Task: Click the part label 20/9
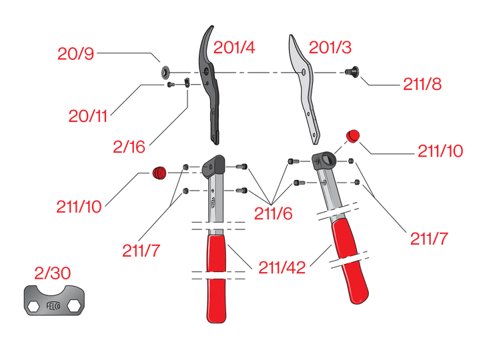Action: [x=76, y=53]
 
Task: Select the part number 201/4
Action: [x=235, y=48]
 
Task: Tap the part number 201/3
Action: [x=330, y=48]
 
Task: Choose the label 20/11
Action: [x=88, y=115]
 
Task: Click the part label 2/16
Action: [x=129, y=147]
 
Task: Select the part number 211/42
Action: [x=282, y=268]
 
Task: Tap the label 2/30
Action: [x=51, y=273]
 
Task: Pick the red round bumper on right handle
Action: [x=352, y=137]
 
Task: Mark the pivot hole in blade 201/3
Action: [x=304, y=71]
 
